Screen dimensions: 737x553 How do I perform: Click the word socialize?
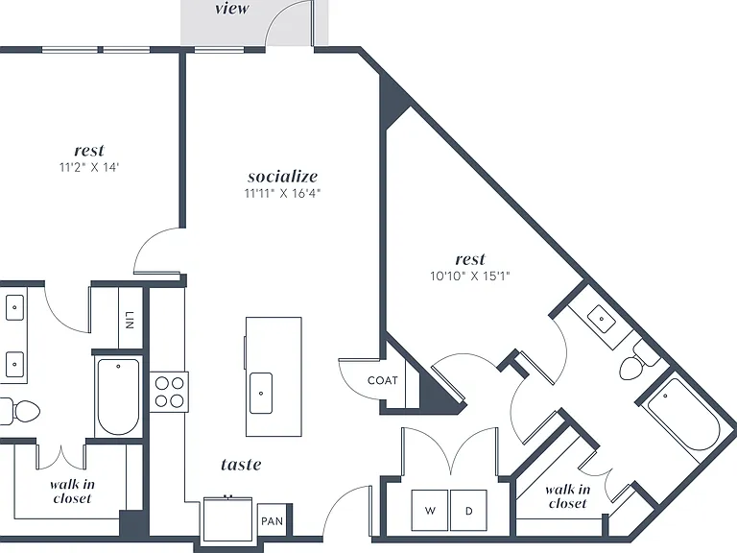[x=282, y=177]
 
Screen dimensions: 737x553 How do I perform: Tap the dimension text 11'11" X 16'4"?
[x=282, y=193]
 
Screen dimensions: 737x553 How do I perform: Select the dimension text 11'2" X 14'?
[x=89, y=167]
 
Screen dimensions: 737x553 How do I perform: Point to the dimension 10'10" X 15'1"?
[x=470, y=276]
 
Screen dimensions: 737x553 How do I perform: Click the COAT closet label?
[x=383, y=380]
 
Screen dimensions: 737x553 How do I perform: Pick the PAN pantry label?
[x=273, y=521]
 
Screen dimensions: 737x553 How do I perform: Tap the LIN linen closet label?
[x=131, y=320]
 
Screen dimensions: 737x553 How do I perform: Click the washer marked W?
[x=430, y=511]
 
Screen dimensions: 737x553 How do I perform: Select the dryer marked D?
[x=468, y=511]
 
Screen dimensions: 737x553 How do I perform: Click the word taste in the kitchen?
[x=241, y=465]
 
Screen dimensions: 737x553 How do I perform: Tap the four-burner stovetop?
[x=169, y=392]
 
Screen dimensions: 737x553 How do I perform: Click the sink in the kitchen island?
[x=261, y=393]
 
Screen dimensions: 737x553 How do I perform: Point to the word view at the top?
[x=232, y=9]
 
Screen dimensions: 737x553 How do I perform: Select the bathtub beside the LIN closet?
[x=118, y=396]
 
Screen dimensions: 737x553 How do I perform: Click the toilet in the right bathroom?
[x=639, y=362]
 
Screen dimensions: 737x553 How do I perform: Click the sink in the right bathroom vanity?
[x=602, y=319]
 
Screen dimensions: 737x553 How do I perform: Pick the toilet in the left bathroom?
[x=21, y=412]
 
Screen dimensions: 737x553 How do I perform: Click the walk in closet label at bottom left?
[x=72, y=492]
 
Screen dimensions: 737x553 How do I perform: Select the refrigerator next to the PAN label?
[x=228, y=518]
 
